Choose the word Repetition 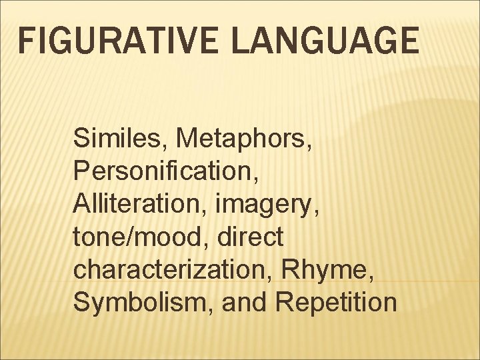click(336, 302)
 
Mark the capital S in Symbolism click(82, 301)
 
